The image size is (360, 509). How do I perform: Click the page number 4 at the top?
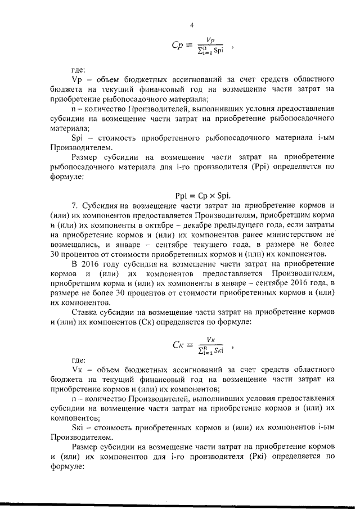coord(191,25)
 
